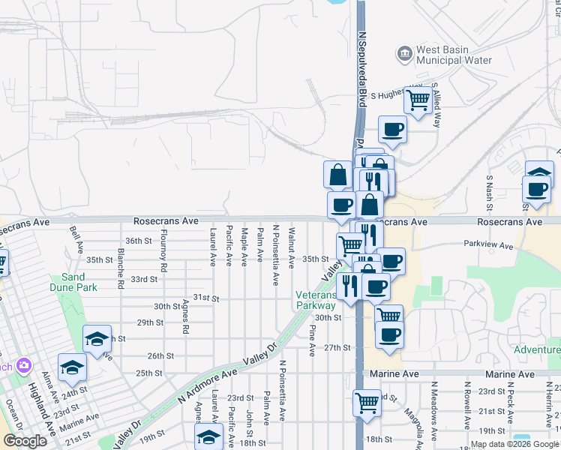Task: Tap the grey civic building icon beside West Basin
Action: click(x=405, y=52)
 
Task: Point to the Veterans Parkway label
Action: click(x=316, y=300)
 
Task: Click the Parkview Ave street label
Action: click(x=488, y=245)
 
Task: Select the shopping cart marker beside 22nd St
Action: click(x=367, y=403)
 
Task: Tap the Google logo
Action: click(x=25, y=441)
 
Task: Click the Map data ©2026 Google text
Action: click(x=514, y=444)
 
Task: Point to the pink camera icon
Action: click(x=24, y=364)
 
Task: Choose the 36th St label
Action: click(x=139, y=241)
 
